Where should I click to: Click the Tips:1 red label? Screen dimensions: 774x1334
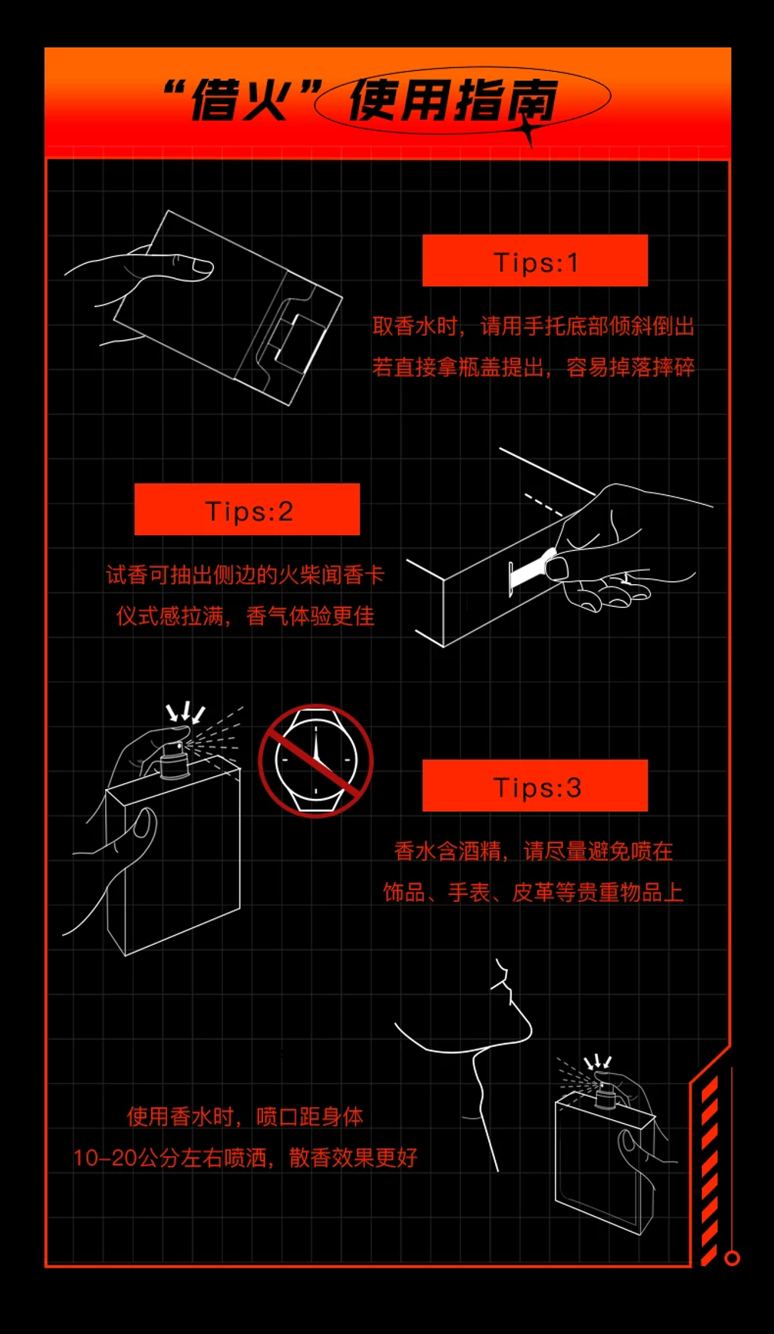535,261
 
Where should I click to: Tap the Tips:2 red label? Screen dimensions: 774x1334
247,509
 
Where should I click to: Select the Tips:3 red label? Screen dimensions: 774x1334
535,786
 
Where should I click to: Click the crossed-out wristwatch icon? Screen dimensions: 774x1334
316,760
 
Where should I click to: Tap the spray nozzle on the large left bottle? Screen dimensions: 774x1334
175,760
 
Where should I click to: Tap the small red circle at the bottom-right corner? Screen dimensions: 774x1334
732,1258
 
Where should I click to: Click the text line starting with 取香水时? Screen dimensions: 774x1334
534,327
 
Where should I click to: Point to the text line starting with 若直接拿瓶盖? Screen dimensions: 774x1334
534,367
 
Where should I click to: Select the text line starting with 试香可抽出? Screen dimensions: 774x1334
246,575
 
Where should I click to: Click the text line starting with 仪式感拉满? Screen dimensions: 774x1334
246,616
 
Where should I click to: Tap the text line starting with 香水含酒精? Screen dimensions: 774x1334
534,852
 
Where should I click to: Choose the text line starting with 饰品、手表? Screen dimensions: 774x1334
534,893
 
